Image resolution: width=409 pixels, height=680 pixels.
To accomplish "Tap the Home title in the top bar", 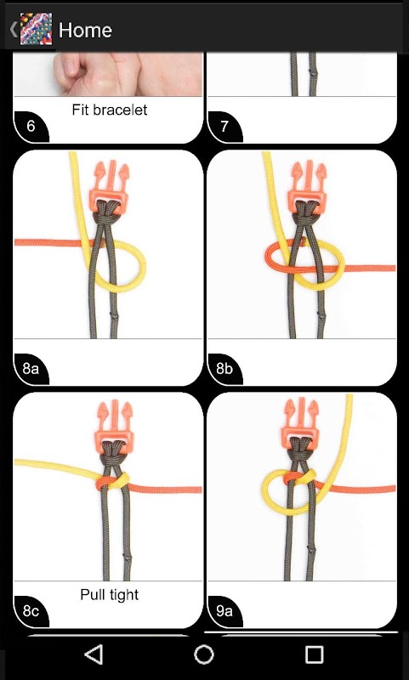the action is point(85,30).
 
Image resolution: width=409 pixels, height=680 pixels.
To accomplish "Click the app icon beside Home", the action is point(37,29).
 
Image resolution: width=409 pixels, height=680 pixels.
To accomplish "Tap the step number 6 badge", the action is point(31,126).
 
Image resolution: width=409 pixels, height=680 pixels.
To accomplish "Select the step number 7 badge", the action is point(224,126).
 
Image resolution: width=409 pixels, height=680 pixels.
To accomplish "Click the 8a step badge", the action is point(31,369).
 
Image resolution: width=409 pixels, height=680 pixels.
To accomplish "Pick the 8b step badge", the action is point(224,369).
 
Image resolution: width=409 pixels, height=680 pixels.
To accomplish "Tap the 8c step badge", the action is point(31,611).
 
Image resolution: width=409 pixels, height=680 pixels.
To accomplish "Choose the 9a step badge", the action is point(224,611).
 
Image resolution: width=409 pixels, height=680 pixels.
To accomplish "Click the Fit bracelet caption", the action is point(110,110).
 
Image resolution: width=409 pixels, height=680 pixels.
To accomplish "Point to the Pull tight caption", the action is point(110,594).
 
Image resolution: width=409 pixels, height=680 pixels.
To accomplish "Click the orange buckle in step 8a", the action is point(110,186).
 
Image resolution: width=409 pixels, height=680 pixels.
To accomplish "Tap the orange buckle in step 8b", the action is point(308,186).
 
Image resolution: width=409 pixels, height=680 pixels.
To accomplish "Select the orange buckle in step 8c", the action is point(115,427).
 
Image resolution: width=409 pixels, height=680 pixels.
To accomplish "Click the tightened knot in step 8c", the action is point(113,481).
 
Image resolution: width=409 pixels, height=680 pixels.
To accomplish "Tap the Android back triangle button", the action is point(94,654).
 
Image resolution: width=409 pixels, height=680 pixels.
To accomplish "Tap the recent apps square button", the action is point(314,654).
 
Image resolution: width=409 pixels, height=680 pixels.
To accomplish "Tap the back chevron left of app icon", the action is point(14,29).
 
